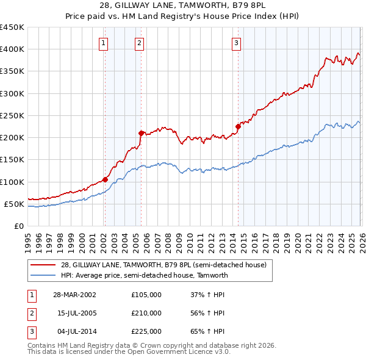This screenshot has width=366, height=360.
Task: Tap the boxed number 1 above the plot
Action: [104, 43]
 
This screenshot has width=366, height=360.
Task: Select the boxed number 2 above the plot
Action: [140, 43]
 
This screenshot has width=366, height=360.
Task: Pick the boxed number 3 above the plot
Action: [236, 43]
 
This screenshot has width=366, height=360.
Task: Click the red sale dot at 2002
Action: [105, 179]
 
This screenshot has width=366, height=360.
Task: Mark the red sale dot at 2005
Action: [141, 132]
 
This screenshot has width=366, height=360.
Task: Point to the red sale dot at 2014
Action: [238, 126]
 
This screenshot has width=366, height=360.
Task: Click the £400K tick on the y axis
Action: [12, 49]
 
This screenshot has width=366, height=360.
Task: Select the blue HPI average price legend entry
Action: [144, 275]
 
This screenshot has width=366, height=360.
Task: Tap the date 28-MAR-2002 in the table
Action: [74, 295]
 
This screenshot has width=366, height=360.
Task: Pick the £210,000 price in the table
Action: [146, 313]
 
